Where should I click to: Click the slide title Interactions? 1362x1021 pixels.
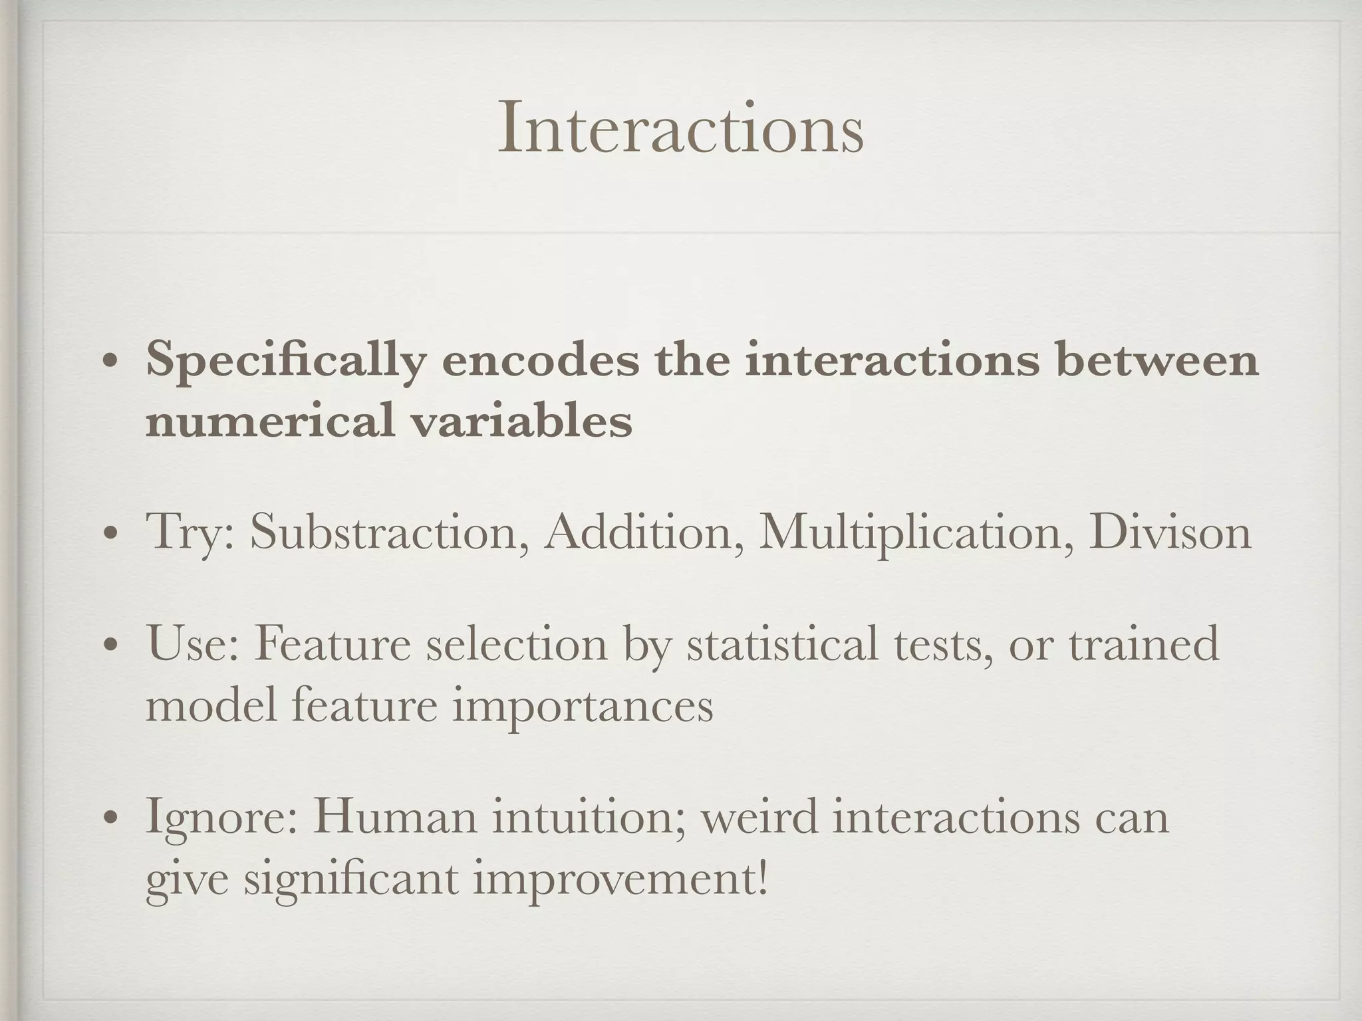[680, 128]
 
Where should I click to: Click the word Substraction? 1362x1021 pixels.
[390, 532]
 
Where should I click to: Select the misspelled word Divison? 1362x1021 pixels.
[1170, 532]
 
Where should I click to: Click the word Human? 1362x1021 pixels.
[395, 816]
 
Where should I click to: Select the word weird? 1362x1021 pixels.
[759, 816]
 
